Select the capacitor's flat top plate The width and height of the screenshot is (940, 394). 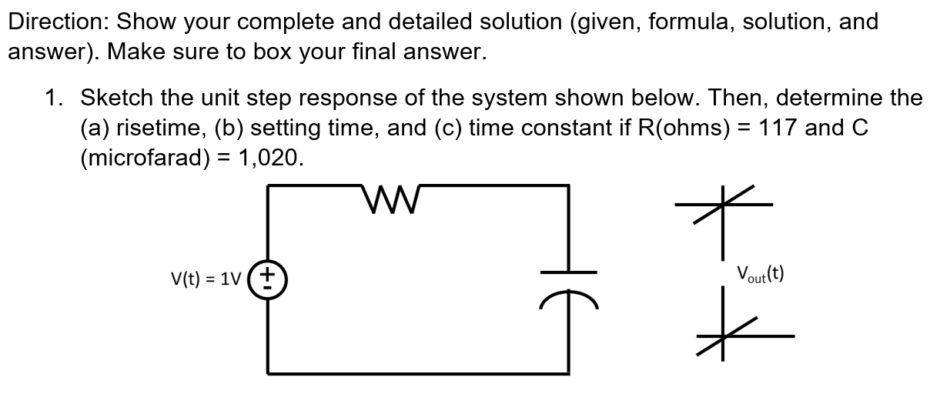(x=570, y=272)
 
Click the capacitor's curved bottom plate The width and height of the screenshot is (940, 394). (x=570, y=295)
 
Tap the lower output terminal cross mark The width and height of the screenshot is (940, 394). (x=722, y=336)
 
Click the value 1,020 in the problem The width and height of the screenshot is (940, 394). (x=269, y=159)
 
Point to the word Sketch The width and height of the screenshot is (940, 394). (x=115, y=98)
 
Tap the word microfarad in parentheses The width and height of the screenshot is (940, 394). (x=143, y=159)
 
